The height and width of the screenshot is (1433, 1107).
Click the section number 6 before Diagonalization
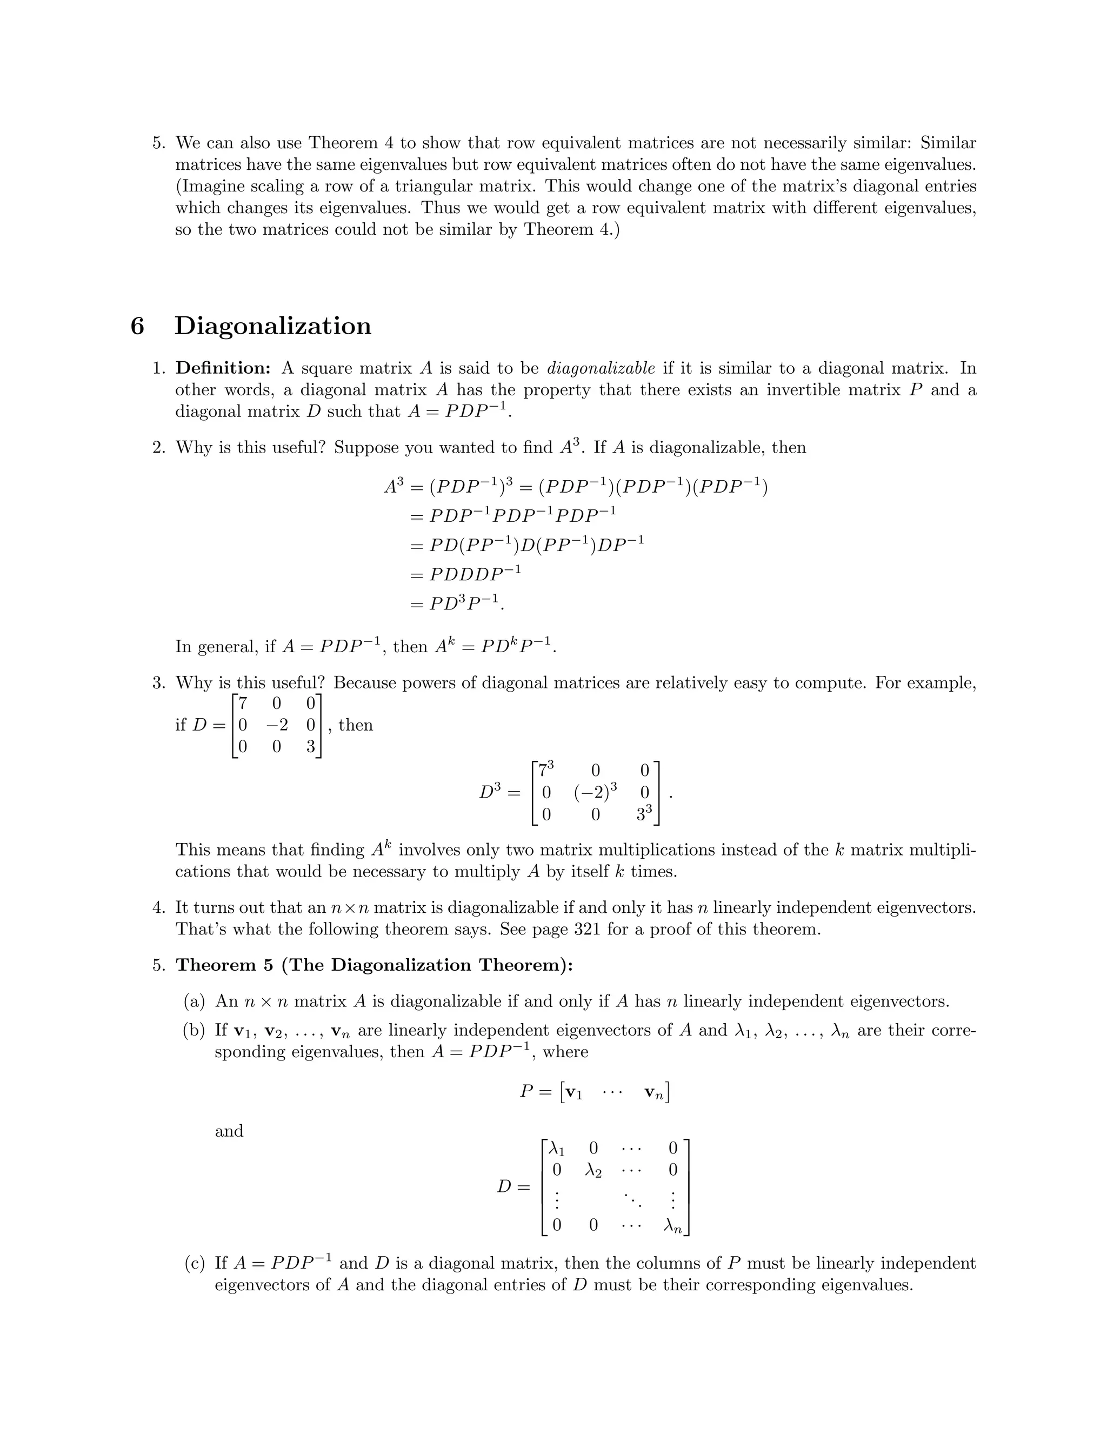pos(137,326)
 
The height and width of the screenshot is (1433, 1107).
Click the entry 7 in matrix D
pos(243,704)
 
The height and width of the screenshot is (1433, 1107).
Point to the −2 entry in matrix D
pos(277,725)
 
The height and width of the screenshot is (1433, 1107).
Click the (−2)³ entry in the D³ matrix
pos(595,792)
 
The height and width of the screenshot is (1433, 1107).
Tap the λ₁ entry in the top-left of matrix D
pos(556,1148)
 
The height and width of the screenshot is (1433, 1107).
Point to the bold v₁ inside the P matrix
pos(573,1092)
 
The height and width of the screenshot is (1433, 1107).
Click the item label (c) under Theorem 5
pos(195,1263)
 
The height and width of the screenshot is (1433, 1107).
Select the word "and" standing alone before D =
pos(229,1131)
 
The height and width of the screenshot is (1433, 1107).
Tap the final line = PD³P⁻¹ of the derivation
pos(457,603)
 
